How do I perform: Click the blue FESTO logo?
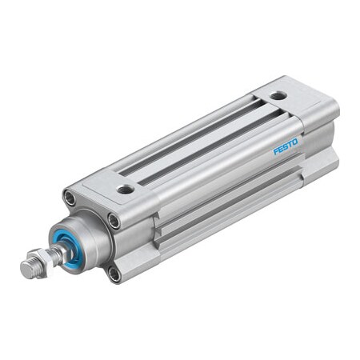[x=286, y=146]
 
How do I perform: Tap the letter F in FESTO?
[x=276, y=152]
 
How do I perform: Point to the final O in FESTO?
[x=295, y=142]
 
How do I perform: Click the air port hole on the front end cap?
[x=126, y=189]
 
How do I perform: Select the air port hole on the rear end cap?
[x=278, y=95]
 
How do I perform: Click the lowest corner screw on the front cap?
[x=114, y=274]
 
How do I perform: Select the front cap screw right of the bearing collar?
[x=114, y=222]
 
